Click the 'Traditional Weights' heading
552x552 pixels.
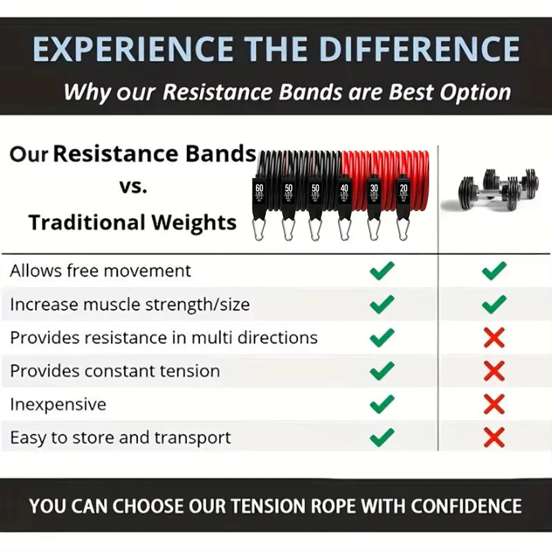tap(132, 223)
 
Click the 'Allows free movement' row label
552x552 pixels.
tap(100, 271)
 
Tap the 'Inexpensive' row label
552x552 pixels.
tap(58, 404)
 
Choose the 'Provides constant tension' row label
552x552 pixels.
tap(115, 371)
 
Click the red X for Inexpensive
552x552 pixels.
tap(494, 404)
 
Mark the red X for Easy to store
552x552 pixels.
tap(494, 437)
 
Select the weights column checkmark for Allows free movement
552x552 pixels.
tap(494, 271)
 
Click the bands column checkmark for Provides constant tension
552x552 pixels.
tap(382, 371)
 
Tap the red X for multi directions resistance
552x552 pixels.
tap(494, 337)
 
